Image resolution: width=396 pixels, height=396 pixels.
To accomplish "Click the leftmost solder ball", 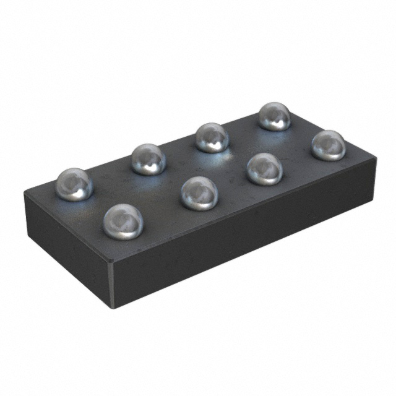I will click(74, 184).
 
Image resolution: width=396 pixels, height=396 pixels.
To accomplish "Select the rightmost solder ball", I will click(328, 145).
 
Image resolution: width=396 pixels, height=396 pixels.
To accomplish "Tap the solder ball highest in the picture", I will click(274, 116).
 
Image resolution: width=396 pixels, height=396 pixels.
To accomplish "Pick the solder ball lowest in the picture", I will click(123, 222).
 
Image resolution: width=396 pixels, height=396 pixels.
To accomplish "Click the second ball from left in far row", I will click(148, 158).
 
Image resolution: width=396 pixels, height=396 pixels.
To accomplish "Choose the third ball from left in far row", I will click(212, 137).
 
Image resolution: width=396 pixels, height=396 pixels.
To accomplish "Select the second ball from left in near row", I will click(199, 192).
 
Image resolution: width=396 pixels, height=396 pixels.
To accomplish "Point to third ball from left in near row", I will click(265, 168).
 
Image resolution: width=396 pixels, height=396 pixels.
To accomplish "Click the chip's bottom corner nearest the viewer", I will click(115, 306).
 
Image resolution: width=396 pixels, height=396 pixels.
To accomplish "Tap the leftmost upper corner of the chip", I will click(25, 192).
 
